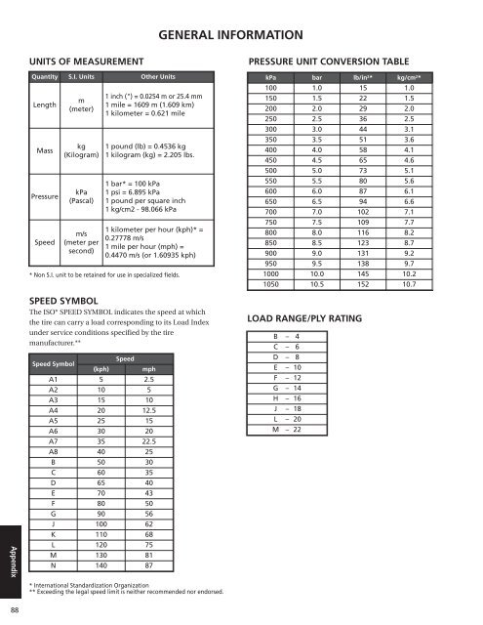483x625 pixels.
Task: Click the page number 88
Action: point(10,612)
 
